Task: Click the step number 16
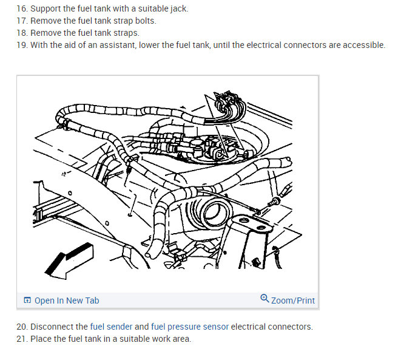pos(22,9)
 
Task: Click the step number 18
pos(22,33)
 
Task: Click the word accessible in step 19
pos(362,46)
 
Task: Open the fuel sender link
pos(111,327)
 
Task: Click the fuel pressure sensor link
pos(190,327)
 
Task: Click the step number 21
pos(22,339)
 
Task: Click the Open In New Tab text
pos(67,301)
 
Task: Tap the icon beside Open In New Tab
pos(27,301)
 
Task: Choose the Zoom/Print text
pos(293,301)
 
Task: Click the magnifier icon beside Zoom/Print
pos(264,299)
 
